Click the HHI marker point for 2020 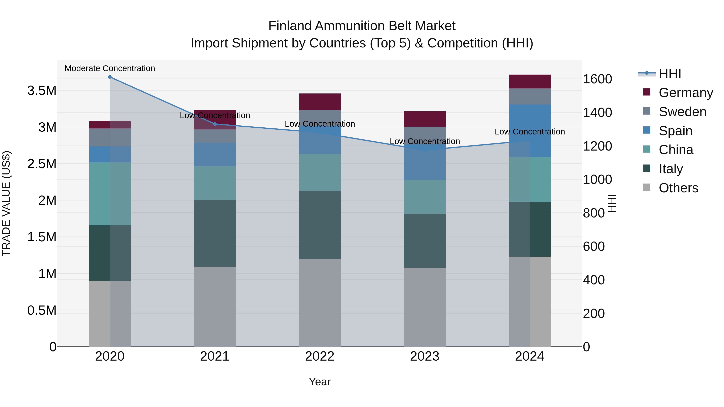click(110, 77)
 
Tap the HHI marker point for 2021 click(215, 124)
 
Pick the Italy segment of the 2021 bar click(215, 233)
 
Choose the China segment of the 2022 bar click(320, 172)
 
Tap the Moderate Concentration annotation click(110, 69)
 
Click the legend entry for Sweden click(682, 112)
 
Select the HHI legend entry click(670, 74)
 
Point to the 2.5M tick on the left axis click(42, 164)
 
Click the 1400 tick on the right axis click(597, 113)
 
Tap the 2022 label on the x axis click(320, 356)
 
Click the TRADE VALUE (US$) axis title click(6, 203)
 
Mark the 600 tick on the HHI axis click(594, 247)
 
